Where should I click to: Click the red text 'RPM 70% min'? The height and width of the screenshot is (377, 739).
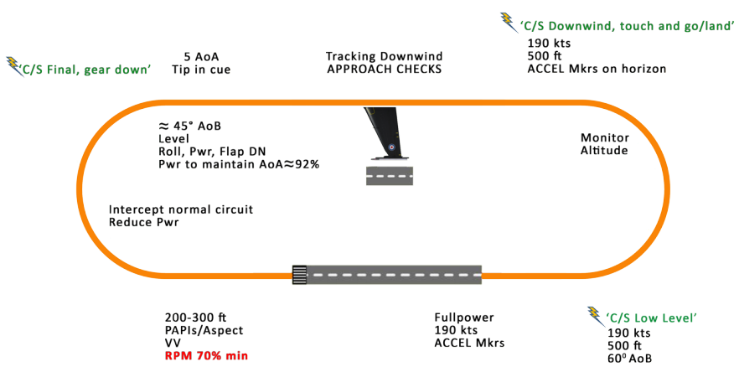point(206,356)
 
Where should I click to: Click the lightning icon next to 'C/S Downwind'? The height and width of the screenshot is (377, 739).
point(508,21)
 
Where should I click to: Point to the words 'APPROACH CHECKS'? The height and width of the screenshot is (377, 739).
point(385,70)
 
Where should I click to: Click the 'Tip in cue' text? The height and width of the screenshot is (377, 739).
point(201,70)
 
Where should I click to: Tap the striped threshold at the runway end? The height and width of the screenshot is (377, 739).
point(299,275)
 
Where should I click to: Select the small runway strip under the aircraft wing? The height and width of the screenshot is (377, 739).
point(390,175)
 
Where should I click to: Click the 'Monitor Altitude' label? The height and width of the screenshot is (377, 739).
point(604,144)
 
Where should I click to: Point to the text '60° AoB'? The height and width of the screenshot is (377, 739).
point(630,359)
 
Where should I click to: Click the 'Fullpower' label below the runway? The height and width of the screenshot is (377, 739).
point(463,318)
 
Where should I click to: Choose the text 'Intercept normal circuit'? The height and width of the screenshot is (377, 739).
point(181,209)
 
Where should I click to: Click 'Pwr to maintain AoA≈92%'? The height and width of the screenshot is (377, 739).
point(239,164)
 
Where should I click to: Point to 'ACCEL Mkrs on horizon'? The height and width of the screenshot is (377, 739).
point(597,69)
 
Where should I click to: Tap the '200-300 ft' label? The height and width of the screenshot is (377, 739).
point(196,318)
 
